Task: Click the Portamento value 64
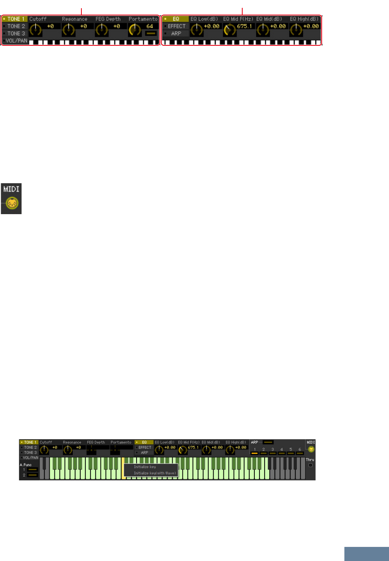point(149,26)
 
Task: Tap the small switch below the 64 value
point(151,33)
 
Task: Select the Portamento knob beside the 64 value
point(135,29)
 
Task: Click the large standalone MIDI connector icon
point(12,203)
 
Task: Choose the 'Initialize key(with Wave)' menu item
point(155,473)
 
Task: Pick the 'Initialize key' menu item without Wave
point(145,467)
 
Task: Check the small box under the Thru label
point(310,465)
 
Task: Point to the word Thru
point(310,460)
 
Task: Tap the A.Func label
point(26,465)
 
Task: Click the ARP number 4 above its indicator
point(281,449)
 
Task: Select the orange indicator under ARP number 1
point(254,453)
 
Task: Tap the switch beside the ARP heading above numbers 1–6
point(268,442)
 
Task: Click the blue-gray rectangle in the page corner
point(366,554)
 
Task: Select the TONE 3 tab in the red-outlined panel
point(16,33)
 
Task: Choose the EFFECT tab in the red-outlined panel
point(176,26)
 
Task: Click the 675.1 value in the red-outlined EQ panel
point(245,26)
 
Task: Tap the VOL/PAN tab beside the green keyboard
point(30,458)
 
